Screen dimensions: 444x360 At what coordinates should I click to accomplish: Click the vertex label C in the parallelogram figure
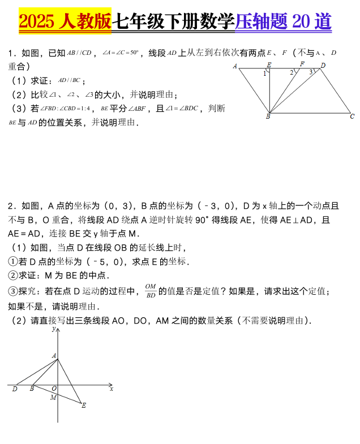pyautogui.click(x=352, y=117)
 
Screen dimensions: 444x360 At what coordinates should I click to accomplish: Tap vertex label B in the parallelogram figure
pyautogui.click(x=268, y=117)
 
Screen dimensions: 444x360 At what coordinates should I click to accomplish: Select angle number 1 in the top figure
pyautogui.click(x=265, y=73)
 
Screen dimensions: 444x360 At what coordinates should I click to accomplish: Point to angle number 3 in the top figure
pyautogui.click(x=310, y=72)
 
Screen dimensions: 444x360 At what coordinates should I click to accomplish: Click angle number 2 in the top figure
pyautogui.click(x=292, y=72)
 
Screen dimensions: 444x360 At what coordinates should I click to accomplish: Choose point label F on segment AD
pyautogui.click(x=302, y=64)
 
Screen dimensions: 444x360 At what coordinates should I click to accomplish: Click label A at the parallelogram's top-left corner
pyautogui.click(x=235, y=67)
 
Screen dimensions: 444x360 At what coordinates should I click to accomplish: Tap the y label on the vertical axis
pyautogui.click(x=53, y=328)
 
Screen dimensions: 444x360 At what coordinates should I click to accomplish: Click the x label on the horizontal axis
pyautogui.click(x=112, y=389)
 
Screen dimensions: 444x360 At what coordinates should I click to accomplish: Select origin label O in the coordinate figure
pyautogui.click(x=54, y=389)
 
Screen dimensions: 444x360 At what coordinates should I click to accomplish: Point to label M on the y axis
pyautogui.click(x=53, y=397)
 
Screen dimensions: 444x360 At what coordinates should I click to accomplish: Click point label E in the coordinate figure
pyautogui.click(x=84, y=405)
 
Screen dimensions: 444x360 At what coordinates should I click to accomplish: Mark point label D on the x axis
pyautogui.click(x=14, y=389)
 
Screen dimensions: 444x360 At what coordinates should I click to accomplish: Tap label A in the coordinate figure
pyautogui.click(x=54, y=355)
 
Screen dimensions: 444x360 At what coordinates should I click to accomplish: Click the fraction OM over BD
pyautogui.click(x=150, y=290)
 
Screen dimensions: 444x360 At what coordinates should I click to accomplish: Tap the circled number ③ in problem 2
pyautogui.click(x=13, y=291)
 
